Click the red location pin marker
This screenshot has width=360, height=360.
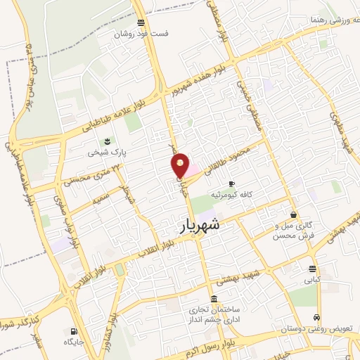(x=181, y=165)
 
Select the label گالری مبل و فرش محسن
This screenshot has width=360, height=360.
(x=292, y=230)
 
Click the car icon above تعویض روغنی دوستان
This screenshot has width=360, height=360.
(x=319, y=316)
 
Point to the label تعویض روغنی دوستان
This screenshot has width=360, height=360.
(x=310, y=328)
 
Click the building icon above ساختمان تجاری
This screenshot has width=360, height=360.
(x=213, y=298)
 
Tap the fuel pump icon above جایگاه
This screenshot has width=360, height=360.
(x=74, y=330)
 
